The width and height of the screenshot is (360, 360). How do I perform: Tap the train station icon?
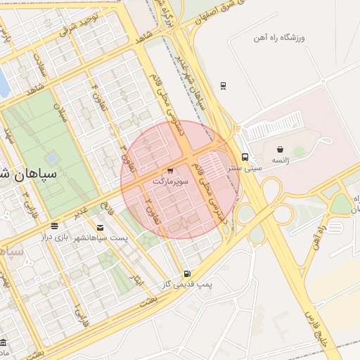point(223,86)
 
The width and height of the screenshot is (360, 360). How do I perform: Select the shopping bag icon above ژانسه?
point(281,149)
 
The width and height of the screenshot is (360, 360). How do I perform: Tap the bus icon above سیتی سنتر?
point(245,157)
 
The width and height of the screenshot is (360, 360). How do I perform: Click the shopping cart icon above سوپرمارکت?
point(171,171)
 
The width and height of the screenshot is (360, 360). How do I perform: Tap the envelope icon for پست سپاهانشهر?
point(101,227)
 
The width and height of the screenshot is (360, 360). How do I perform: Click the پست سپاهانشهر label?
point(103,238)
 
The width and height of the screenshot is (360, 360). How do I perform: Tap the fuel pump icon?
point(186,274)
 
